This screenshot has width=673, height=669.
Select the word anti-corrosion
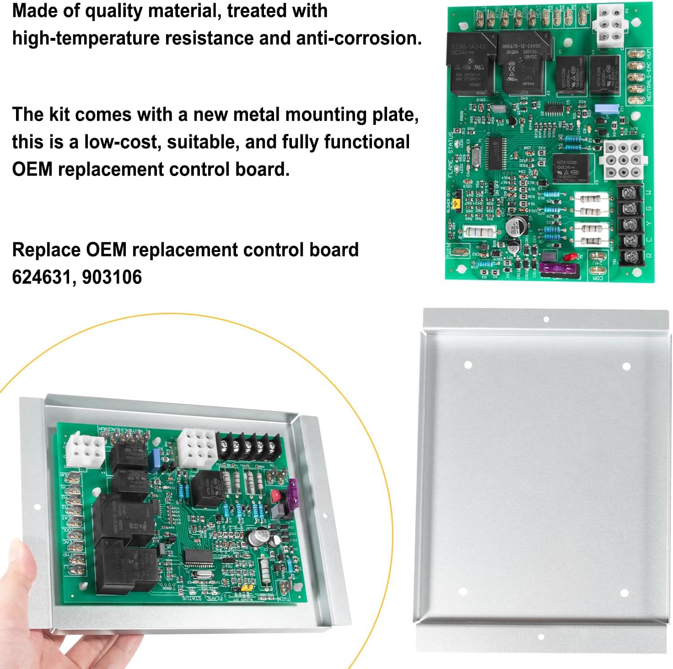[358, 38]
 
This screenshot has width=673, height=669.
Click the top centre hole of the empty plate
[545, 319]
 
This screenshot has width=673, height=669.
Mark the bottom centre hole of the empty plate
[541, 637]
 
